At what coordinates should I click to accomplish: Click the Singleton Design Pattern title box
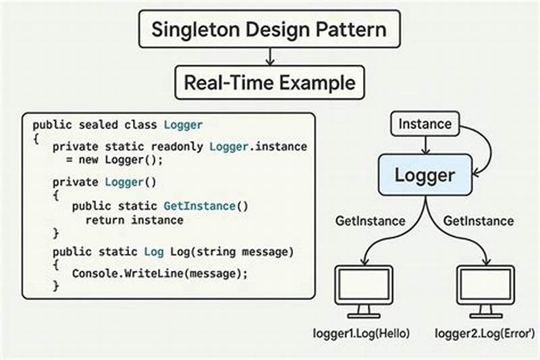coord(269,30)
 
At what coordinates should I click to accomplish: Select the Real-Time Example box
coord(269,82)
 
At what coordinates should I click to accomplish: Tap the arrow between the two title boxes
coord(269,57)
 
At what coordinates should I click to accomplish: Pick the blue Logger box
coord(425,176)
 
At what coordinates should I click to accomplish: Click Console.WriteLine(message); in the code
coord(160,273)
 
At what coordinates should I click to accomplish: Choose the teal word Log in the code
coord(153,252)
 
